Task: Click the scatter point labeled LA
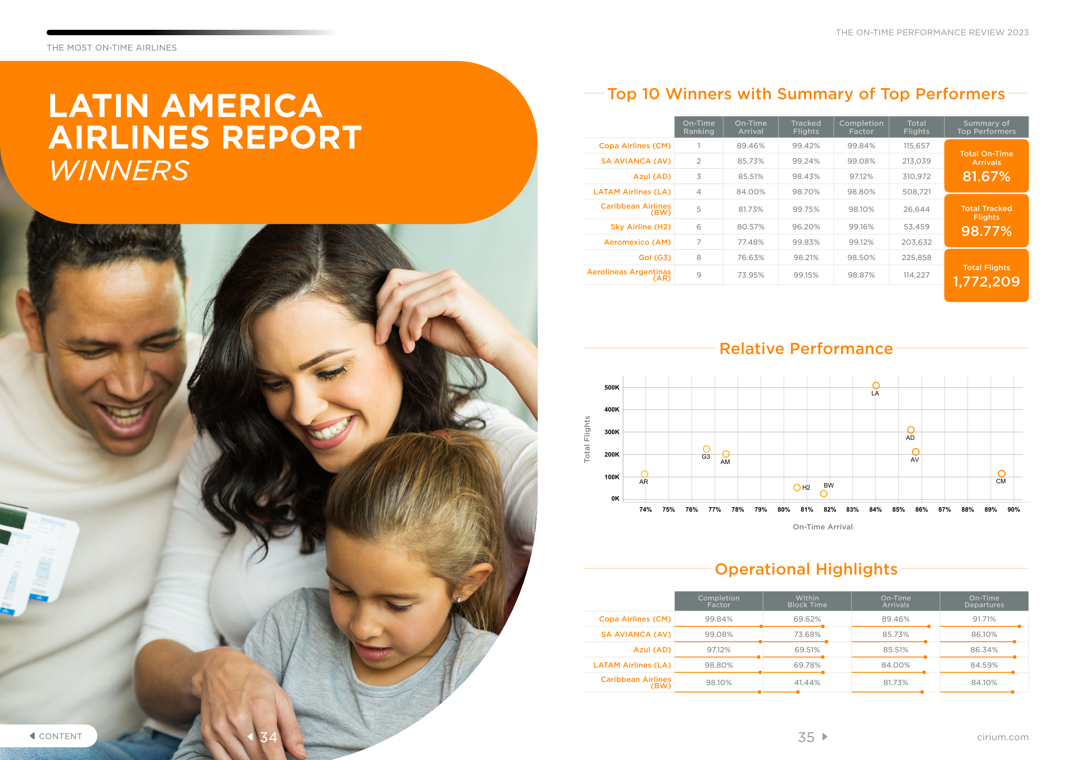click(875, 385)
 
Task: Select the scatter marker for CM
click(1001, 473)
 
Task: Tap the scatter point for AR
click(645, 474)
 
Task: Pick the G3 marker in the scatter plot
click(707, 449)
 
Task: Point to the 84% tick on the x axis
click(875, 509)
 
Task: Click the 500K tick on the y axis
click(611, 388)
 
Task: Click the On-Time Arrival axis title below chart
click(823, 527)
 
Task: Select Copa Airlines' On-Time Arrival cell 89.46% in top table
click(750, 145)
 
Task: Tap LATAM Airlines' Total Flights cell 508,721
click(916, 192)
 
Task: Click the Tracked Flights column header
click(806, 127)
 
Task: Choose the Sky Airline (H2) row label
click(640, 227)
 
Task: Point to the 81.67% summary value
click(986, 176)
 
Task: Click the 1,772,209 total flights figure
click(986, 282)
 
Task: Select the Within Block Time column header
click(807, 601)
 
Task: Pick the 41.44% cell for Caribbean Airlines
click(807, 682)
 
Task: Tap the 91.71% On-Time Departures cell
click(984, 619)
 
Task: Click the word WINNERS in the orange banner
click(119, 170)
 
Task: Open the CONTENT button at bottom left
click(56, 736)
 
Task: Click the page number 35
click(806, 737)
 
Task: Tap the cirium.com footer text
click(1002, 737)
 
